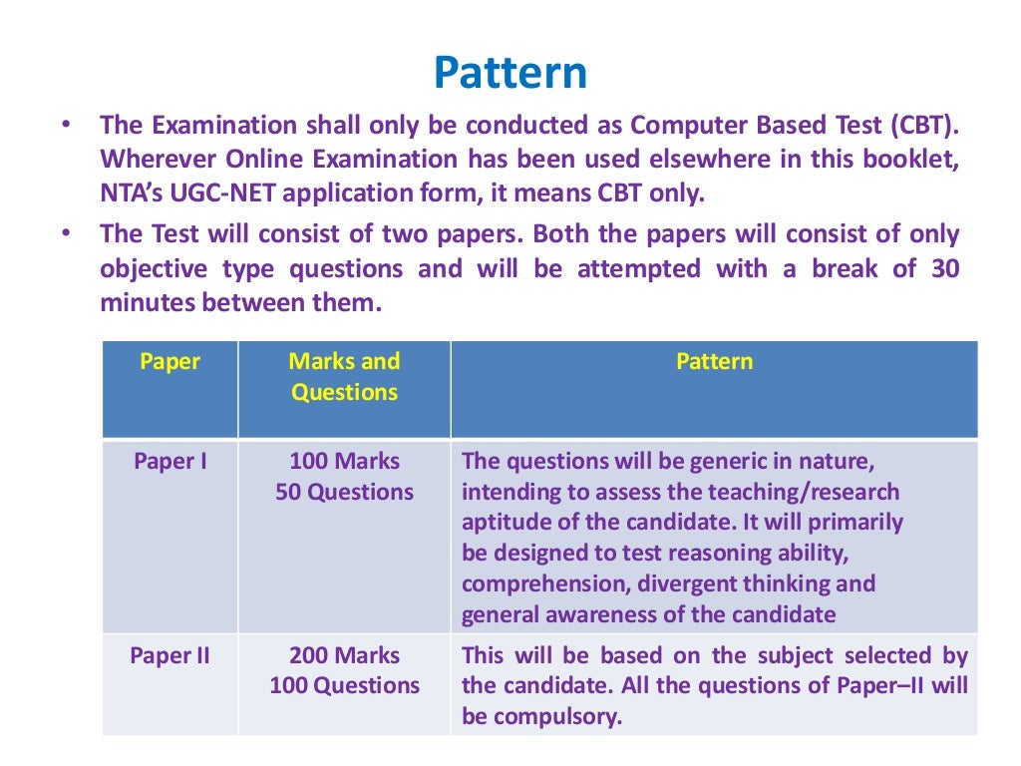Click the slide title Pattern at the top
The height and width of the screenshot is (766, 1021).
[x=510, y=73]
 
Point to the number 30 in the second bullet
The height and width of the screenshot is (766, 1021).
[x=944, y=268]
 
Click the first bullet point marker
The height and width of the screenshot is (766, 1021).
[x=66, y=127]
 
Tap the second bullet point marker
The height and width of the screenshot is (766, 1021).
[x=66, y=235]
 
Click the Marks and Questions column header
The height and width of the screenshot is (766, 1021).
[x=344, y=377]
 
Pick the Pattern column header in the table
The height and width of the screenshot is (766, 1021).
[x=714, y=362]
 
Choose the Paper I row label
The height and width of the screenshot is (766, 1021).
[x=170, y=462]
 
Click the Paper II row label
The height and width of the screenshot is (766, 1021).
[x=170, y=656]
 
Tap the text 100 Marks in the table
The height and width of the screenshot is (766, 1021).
[x=344, y=462]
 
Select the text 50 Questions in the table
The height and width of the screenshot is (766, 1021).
[x=344, y=493]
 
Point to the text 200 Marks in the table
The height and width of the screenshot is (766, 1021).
[x=344, y=656]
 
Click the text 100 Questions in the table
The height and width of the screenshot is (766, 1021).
[x=344, y=686]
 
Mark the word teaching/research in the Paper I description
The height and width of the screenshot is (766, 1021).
[x=803, y=493]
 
